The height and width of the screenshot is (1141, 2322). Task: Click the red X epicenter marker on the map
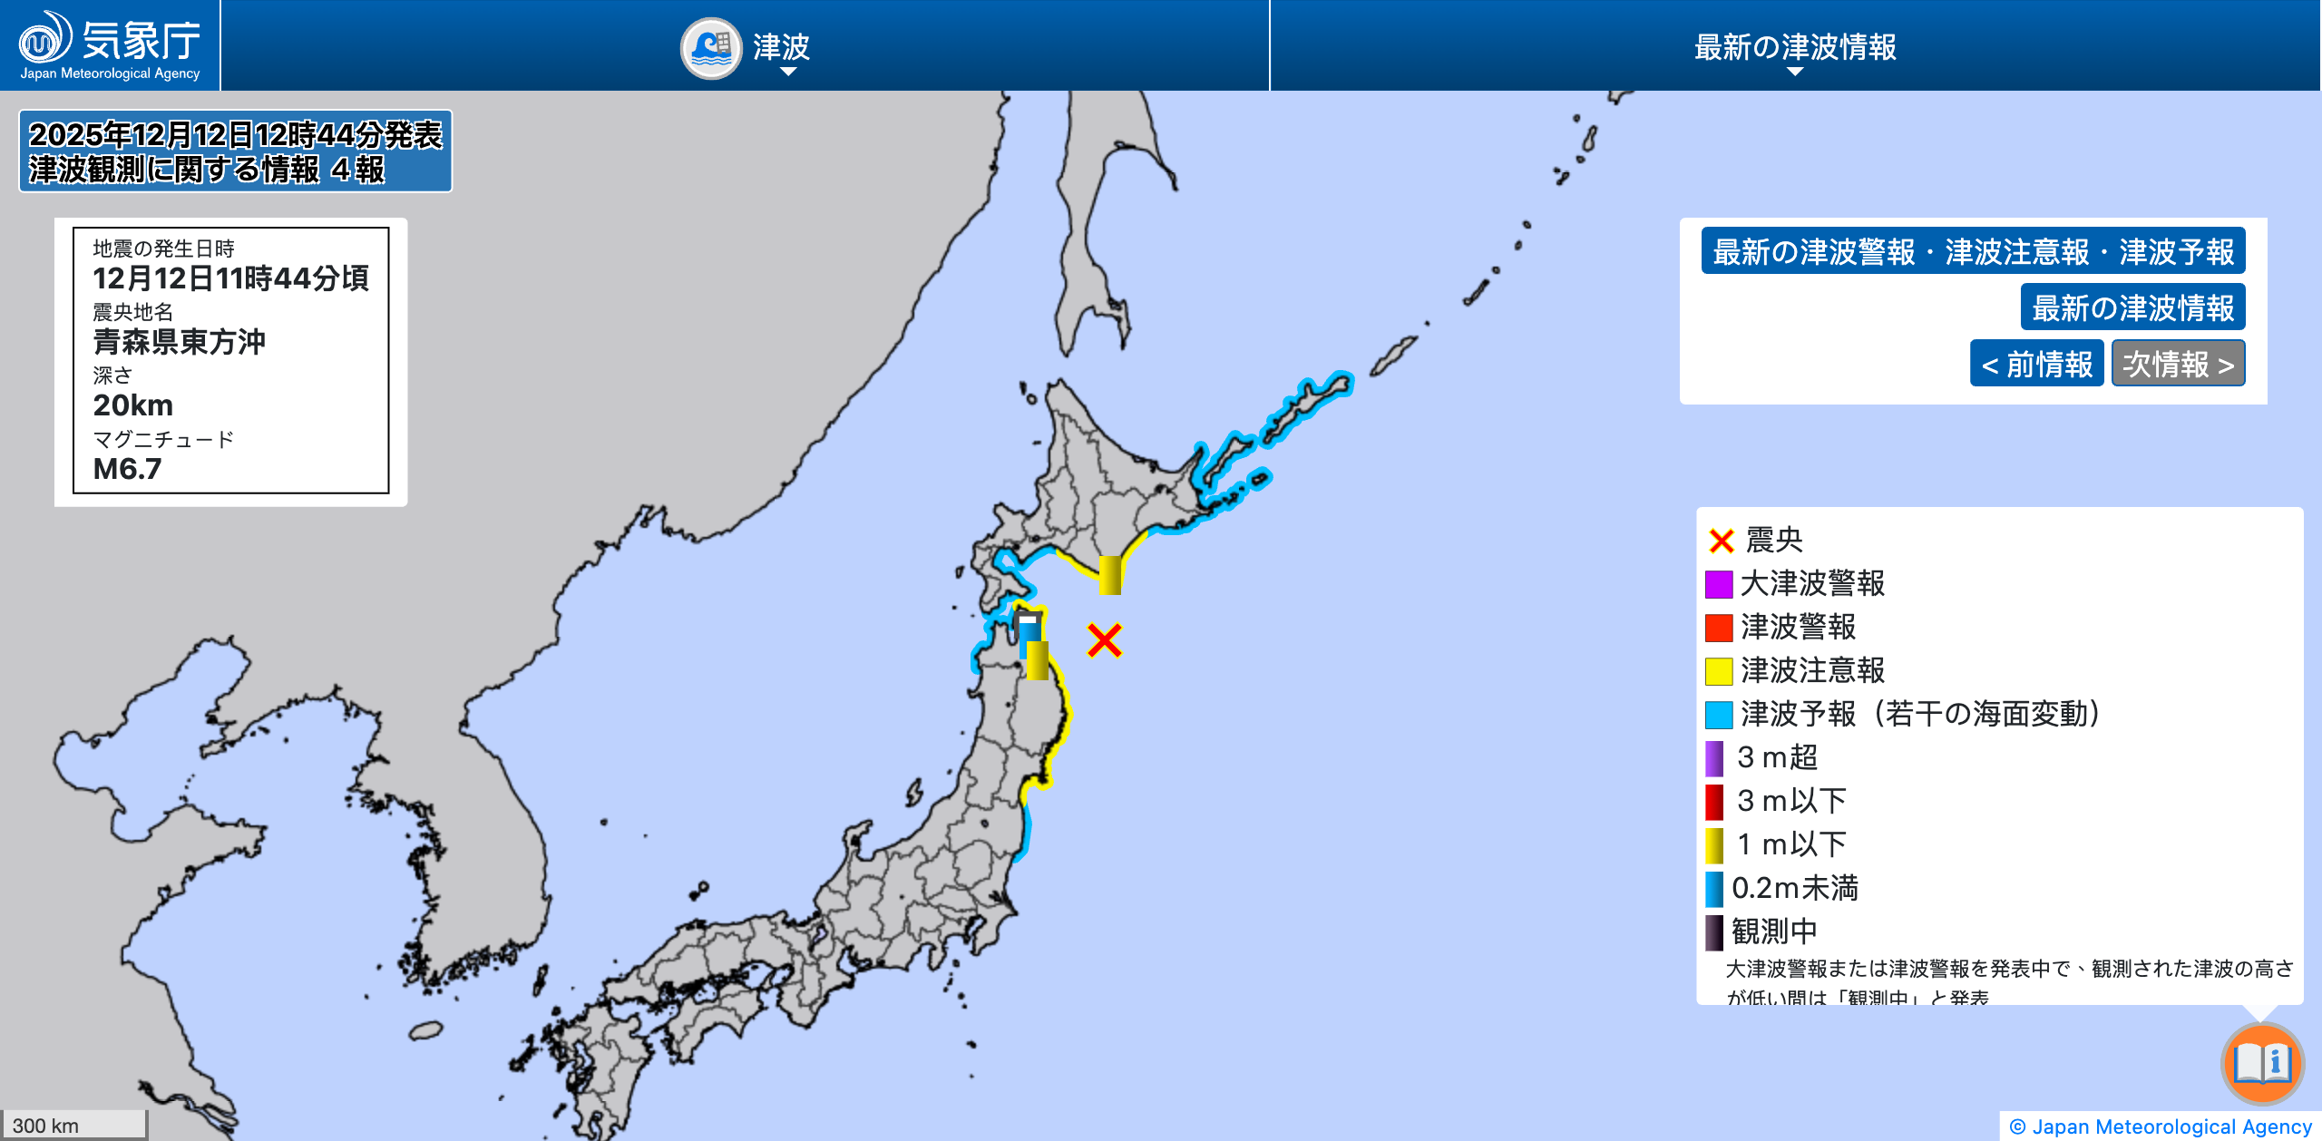[1105, 640]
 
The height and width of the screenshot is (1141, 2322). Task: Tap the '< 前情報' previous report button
[2036, 364]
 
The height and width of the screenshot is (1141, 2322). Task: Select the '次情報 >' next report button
[2178, 364]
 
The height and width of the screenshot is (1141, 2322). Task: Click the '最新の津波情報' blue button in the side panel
[2132, 307]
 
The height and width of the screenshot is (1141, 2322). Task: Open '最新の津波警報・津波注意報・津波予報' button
[1973, 251]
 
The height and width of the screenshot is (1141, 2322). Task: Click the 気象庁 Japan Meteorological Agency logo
[110, 45]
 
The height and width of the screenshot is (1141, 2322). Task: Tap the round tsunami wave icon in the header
[712, 48]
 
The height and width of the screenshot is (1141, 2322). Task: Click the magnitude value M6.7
[128, 469]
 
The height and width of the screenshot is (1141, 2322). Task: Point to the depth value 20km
[133, 405]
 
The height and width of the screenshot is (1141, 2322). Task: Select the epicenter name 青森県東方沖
[180, 342]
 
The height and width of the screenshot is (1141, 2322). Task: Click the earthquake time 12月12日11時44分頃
[230, 278]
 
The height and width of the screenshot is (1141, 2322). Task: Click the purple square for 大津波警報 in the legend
[1719, 584]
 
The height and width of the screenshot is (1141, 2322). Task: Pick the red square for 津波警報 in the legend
[1719, 628]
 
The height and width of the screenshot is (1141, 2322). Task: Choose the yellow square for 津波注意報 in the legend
[1719, 671]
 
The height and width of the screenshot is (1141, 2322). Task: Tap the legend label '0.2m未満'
[1794, 888]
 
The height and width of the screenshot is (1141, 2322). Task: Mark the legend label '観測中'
[1774, 931]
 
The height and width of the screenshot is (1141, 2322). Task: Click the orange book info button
[2262, 1063]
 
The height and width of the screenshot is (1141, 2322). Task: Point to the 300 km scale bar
[73, 1125]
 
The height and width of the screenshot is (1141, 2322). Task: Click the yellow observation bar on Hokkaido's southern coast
[1109, 575]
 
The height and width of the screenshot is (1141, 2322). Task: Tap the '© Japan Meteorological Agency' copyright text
[2161, 1126]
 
